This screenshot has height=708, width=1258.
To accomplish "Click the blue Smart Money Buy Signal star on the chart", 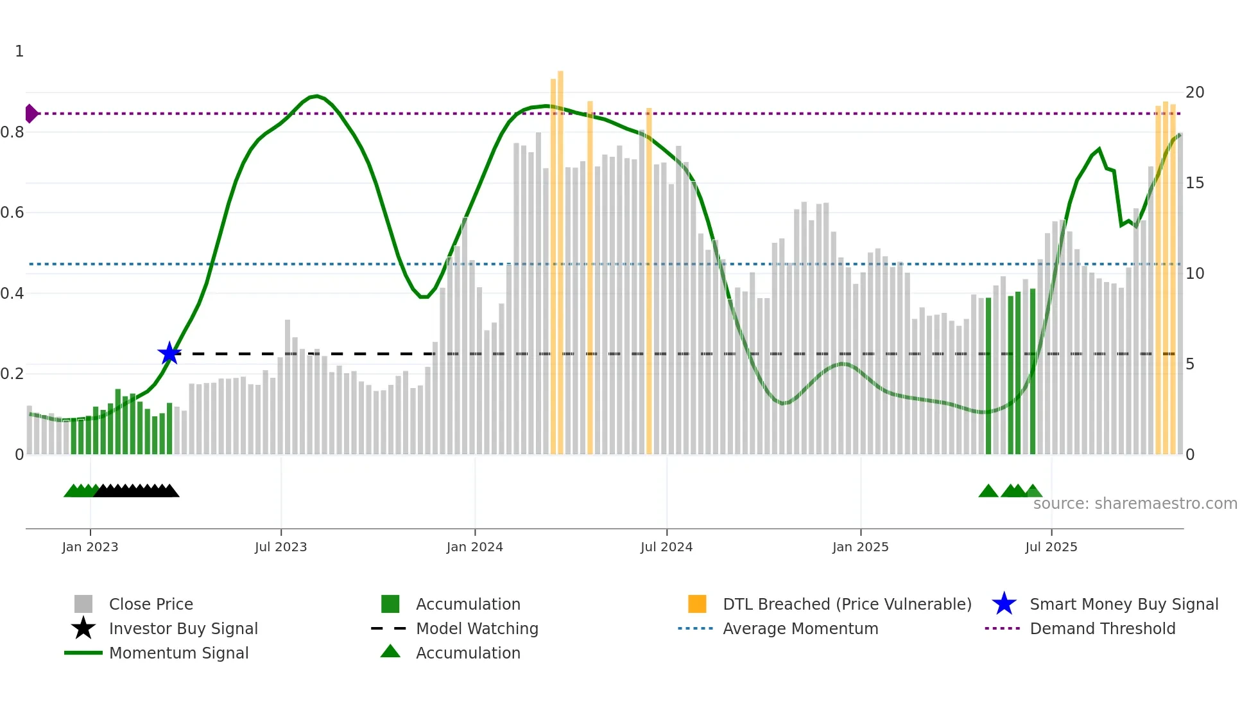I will [169, 353].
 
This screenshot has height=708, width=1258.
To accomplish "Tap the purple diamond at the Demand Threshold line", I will [31, 114].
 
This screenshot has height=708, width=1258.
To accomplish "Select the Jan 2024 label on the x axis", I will [474, 547].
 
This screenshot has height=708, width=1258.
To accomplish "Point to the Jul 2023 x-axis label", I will [280, 547].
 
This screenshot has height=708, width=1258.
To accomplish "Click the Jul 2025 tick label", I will [1051, 547].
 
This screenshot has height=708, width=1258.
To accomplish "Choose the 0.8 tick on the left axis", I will [13, 132].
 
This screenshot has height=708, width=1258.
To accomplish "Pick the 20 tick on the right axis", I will [1194, 93].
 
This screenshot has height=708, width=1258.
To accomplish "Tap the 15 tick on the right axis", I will [1194, 183].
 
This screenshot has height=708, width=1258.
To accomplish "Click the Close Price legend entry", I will [150, 604].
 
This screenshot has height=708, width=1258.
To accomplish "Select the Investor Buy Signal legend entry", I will [183, 628].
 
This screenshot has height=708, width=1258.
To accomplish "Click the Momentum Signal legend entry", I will [178, 653].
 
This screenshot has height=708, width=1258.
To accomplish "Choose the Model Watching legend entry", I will [476, 628].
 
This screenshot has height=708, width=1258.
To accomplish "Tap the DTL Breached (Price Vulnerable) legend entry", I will [847, 604].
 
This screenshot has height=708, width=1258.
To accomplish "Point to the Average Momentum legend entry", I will [800, 628].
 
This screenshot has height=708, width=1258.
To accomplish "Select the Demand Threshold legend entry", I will [1102, 628].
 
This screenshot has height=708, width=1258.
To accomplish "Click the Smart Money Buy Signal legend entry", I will [1123, 604].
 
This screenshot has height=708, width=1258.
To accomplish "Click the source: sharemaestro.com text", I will [1135, 503].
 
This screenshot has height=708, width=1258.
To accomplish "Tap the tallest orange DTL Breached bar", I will [560, 257].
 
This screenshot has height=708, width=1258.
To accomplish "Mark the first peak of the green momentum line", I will [315, 96].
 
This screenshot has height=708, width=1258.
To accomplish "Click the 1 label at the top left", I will [19, 51].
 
